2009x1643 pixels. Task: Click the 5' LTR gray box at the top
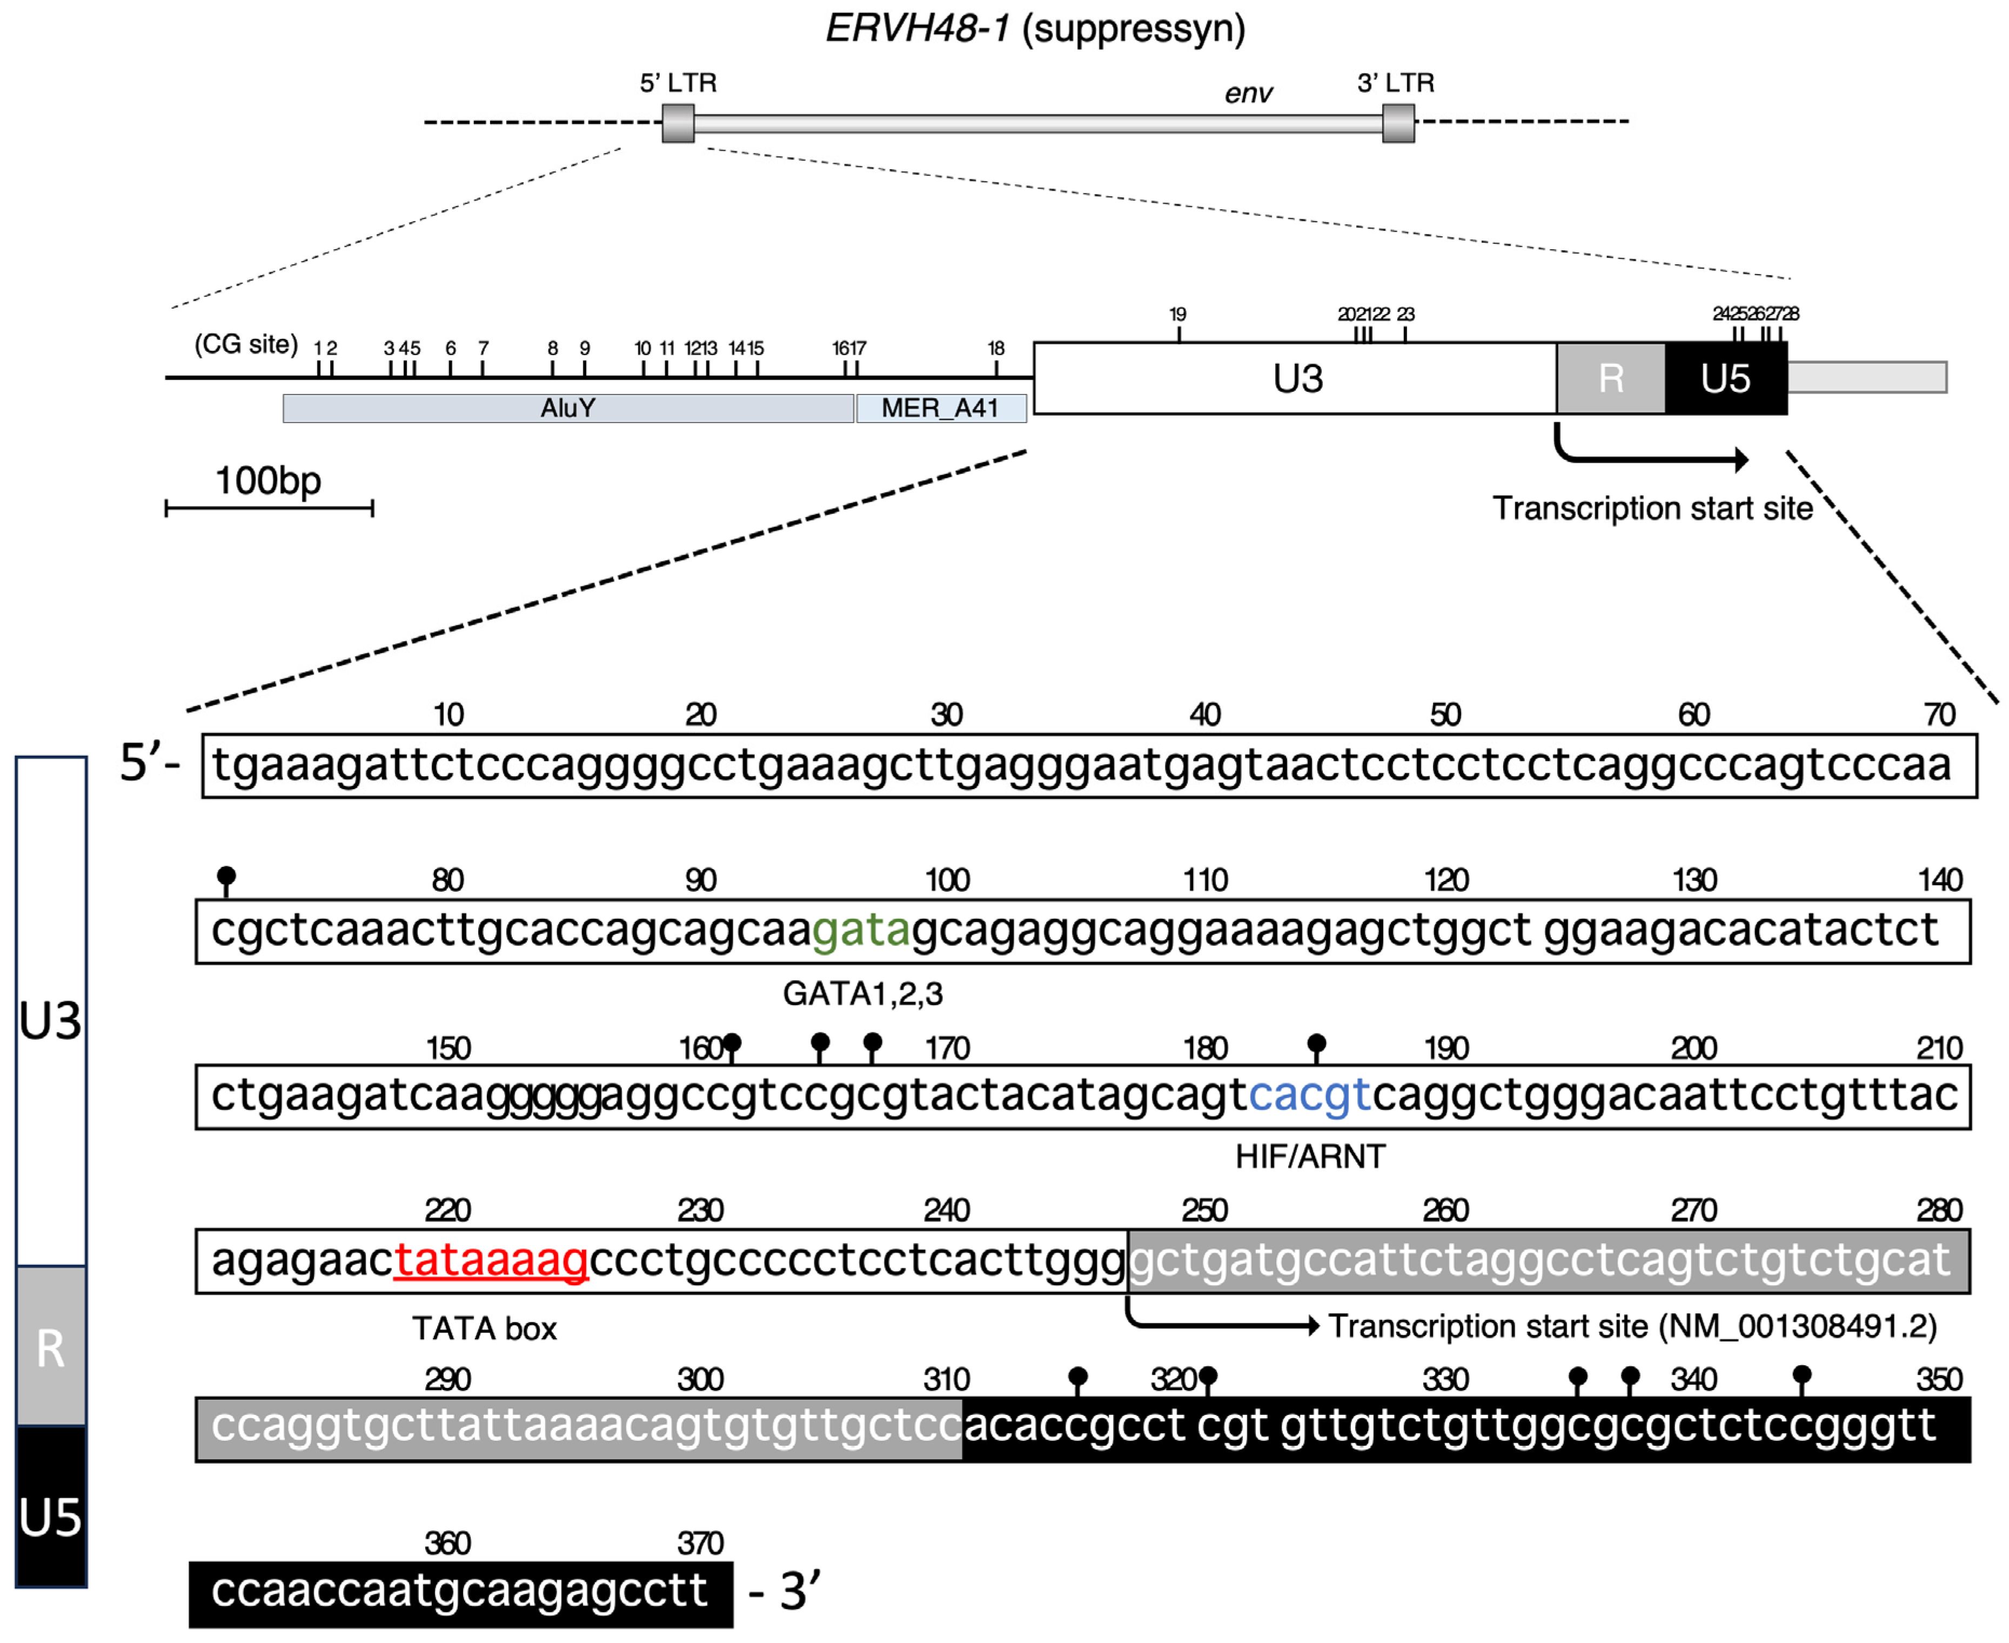(x=678, y=124)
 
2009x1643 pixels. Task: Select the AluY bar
(x=568, y=408)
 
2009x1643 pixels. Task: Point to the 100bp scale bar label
(x=268, y=481)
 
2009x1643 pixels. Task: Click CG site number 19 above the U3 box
(x=1177, y=314)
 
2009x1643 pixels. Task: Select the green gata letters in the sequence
(x=860, y=930)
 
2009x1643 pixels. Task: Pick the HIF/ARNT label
(x=1310, y=1157)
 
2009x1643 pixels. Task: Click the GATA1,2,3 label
(x=862, y=994)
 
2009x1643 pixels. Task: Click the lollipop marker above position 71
(x=226, y=877)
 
